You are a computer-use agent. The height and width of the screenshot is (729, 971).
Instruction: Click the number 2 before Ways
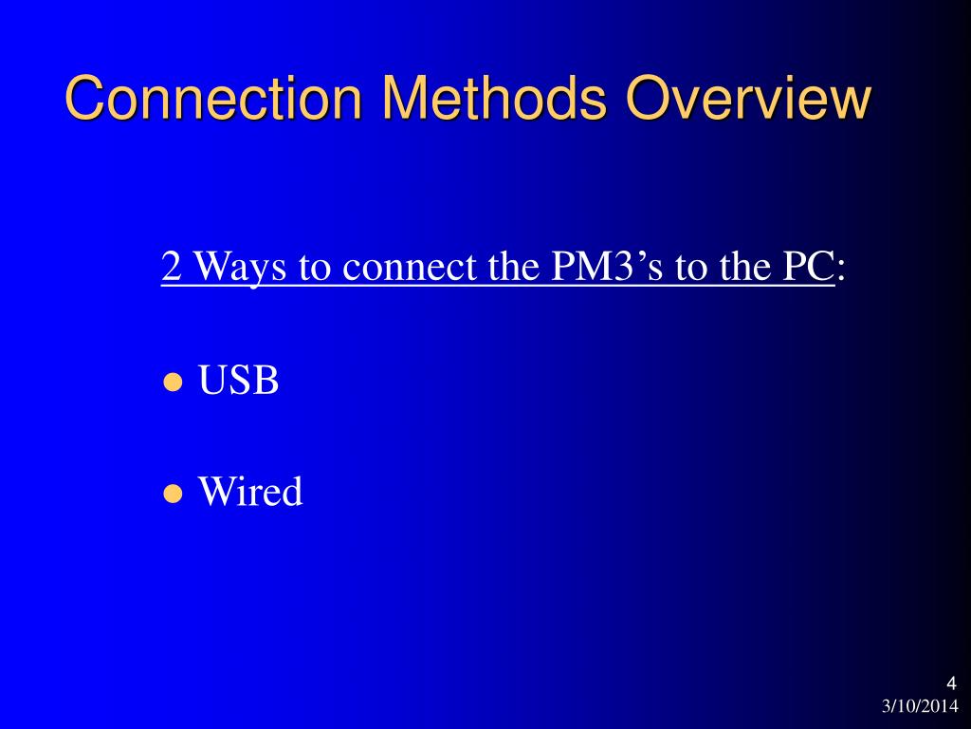[x=172, y=267]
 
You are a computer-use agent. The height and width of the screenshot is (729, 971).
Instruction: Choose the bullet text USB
[x=238, y=382]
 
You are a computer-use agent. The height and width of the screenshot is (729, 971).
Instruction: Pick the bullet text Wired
[x=250, y=492]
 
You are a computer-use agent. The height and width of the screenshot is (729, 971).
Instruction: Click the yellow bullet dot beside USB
[x=173, y=383]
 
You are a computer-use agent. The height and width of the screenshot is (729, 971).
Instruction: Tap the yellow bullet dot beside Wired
[x=173, y=494]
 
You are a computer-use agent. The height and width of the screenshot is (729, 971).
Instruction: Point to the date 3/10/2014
[x=920, y=705]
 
